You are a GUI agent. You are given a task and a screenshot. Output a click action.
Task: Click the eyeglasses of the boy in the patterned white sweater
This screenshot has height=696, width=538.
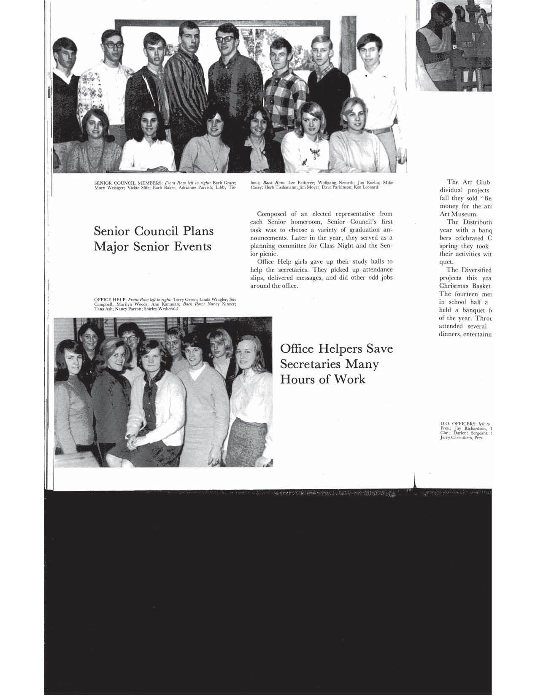tap(112, 44)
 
